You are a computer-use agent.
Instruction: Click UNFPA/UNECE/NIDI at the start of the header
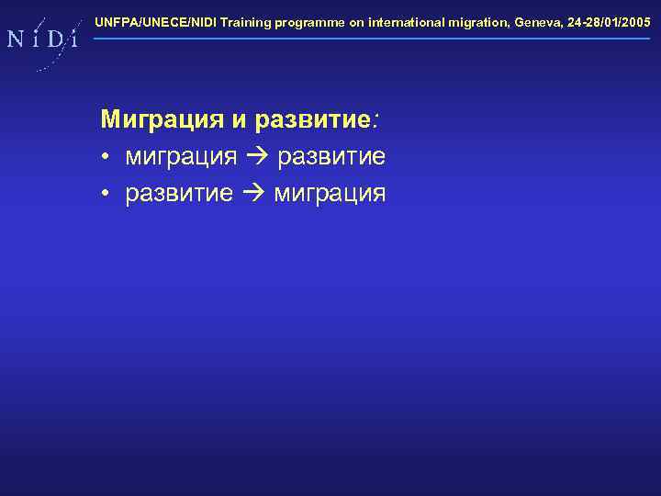(x=155, y=21)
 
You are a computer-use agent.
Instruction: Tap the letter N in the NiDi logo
(x=17, y=39)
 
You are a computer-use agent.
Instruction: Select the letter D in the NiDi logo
(x=55, y=39)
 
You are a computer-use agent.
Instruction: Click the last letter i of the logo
(x=73, y=39)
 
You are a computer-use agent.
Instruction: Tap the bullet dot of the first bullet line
(x=106, y=158)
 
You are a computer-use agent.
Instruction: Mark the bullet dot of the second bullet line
(x=106, y=194)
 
